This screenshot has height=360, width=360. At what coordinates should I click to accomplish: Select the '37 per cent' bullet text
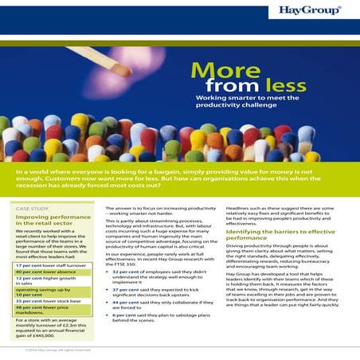[x=127, y=290]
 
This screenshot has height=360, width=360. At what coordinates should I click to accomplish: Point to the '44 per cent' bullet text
[x=127, y=303]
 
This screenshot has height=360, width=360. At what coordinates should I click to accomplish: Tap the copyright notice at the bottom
[x=56, y=350]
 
